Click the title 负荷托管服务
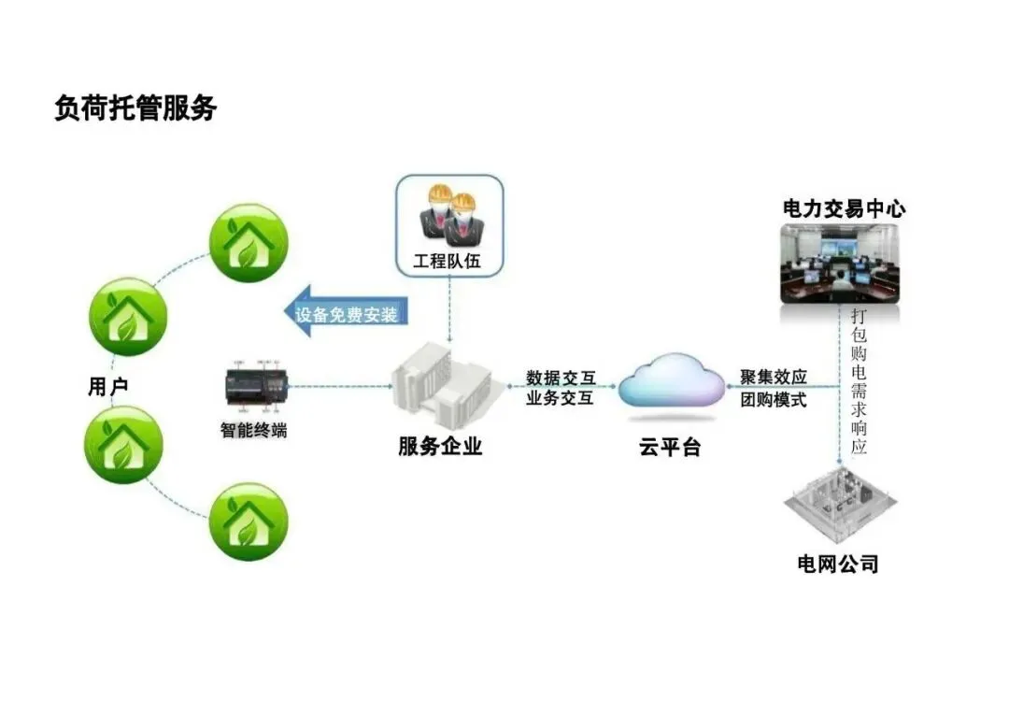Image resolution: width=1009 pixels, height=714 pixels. [x=135, y=108]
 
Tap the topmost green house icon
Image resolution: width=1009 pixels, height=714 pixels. [x=247, y=243]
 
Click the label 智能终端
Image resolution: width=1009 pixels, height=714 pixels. [x=253, y=431]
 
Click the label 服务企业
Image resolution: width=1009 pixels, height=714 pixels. [x=440, y=446]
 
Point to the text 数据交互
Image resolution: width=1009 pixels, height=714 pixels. [x=560, y=378]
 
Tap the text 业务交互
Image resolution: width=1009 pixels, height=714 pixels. [x=560, y=399]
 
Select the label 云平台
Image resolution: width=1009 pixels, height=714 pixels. [x=670, y=447]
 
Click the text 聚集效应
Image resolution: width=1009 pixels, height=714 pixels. [x=774, y=378]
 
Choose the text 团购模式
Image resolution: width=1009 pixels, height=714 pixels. [x=774, y=400]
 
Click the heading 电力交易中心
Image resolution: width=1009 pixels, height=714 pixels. [x=844, y=208]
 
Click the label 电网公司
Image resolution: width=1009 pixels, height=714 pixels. [x=837, y=564]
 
